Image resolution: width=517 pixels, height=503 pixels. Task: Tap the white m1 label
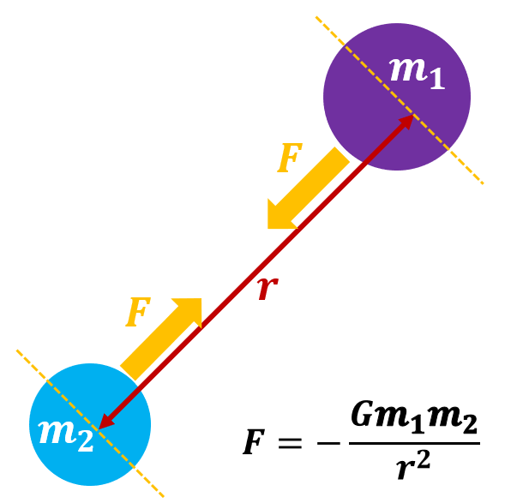[418, 70]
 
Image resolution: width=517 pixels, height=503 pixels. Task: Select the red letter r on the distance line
[268, 289]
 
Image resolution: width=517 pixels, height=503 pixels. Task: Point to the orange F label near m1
[290, 159]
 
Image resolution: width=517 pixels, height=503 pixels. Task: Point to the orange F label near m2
[137, 313]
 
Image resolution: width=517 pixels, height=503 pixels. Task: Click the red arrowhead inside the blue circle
[105, 420]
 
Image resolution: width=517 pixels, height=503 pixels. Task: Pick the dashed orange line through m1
[463, 163]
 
